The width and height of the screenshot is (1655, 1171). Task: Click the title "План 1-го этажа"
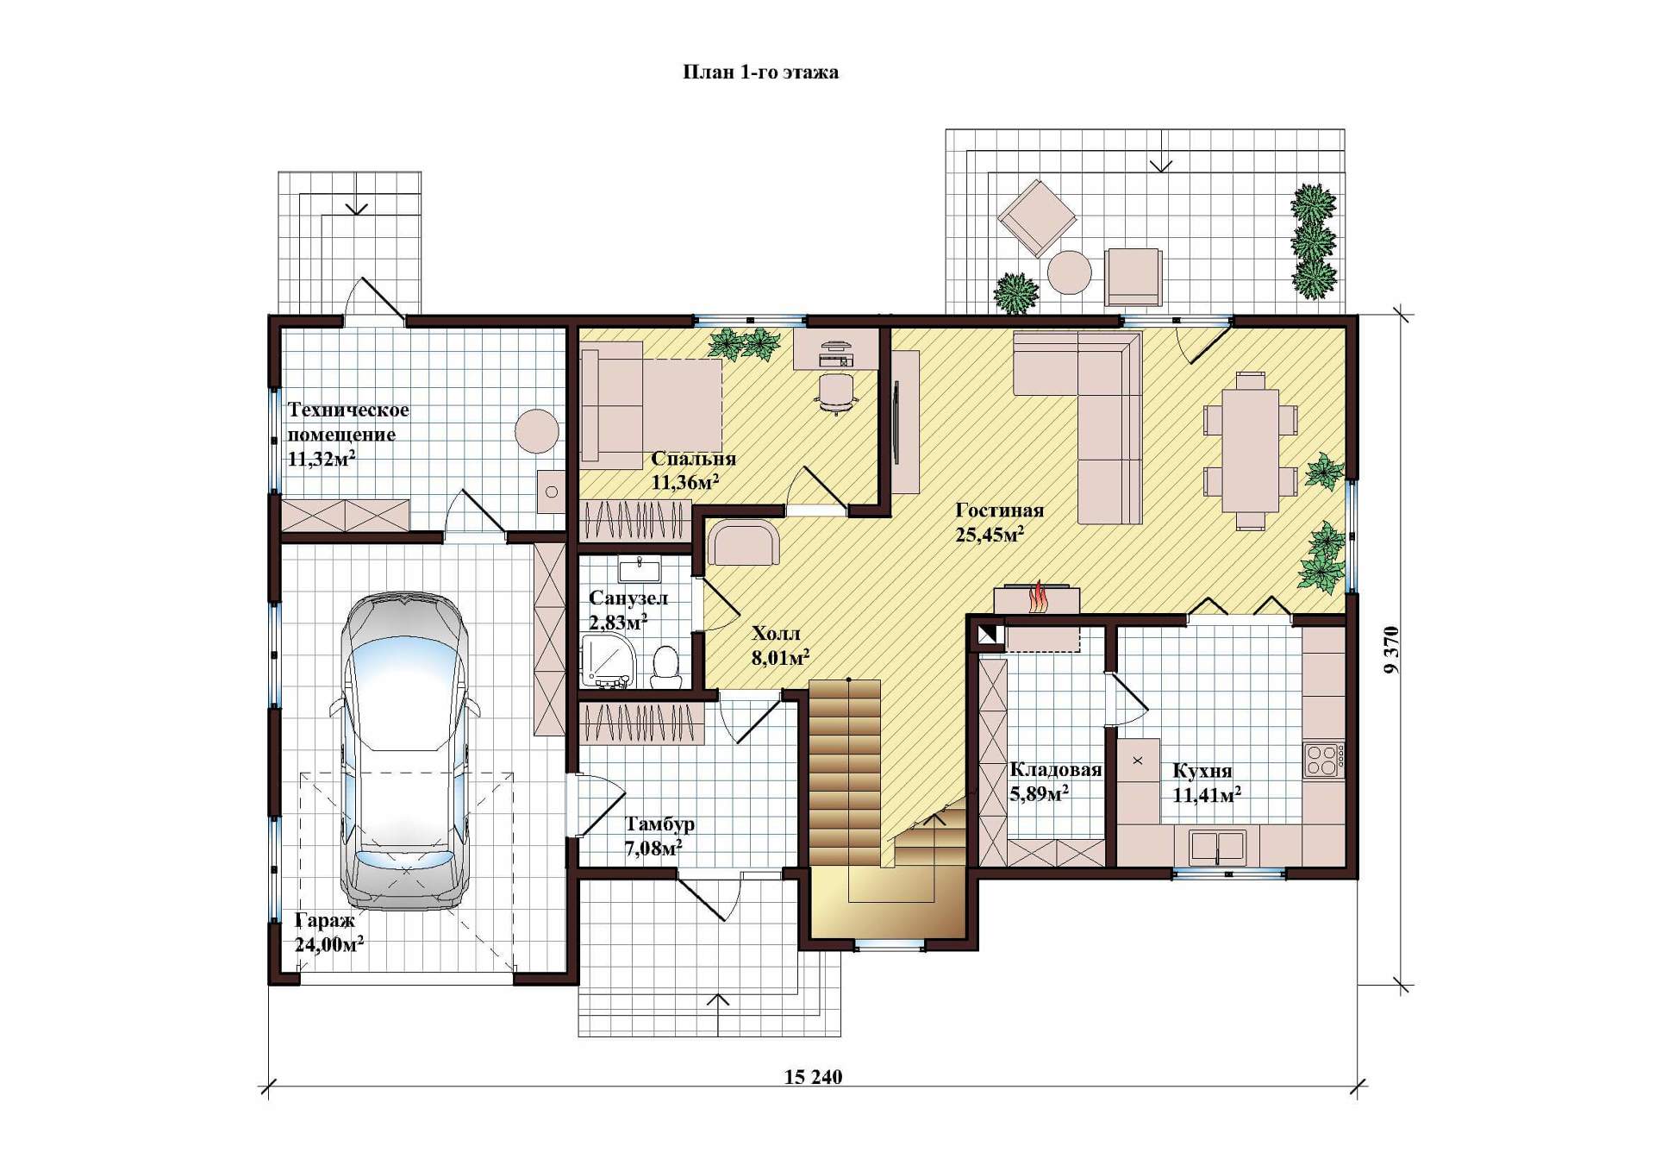point(760,72)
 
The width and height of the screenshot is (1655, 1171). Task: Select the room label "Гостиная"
point(1000,510)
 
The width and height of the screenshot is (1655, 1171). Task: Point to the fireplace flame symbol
point(1038,597)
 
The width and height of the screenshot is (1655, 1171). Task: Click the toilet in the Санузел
point(665,667)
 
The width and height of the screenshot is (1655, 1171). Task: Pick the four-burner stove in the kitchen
point(1322,761)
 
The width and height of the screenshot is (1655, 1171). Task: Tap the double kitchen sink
point(1217,847)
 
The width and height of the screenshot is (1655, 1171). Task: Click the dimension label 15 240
point(813,1077)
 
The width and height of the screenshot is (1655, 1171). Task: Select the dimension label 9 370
point(1391,650)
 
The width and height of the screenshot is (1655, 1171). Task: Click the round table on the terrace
point(1070,272)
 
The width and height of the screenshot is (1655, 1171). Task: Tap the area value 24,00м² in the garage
point(328,944)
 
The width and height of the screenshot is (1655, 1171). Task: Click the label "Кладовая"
point(1055,770)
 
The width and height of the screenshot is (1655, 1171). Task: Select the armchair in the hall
point(743,542)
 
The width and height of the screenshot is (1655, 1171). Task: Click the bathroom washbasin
point(639,570)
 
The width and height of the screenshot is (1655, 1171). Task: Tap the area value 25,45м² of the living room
point(990,535)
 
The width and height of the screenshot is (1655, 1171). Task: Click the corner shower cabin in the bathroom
point(610,662)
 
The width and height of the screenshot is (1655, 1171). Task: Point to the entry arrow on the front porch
point(718,1012)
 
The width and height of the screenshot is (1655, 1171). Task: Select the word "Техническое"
point(348,410)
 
